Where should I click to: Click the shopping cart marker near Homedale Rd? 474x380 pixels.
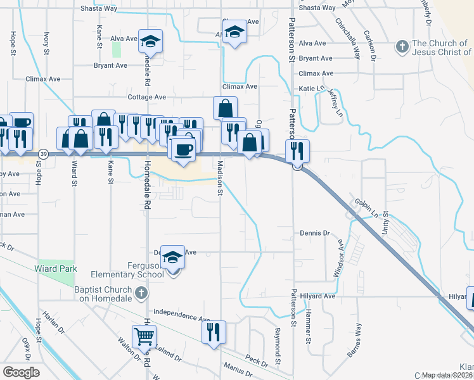[145, 336]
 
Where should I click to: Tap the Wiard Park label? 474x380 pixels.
[56, 269]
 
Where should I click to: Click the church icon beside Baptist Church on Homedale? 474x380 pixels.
[141, 292]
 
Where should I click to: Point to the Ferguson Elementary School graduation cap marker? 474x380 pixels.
[172, 257]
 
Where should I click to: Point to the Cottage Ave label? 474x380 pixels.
[146, 97]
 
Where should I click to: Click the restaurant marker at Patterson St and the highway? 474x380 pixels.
[297, 151]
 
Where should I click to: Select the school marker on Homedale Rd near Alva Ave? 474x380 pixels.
[151, 42]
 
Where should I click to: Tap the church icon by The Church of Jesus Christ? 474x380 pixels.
[401, 47]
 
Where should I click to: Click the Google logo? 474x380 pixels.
[21, 372]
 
